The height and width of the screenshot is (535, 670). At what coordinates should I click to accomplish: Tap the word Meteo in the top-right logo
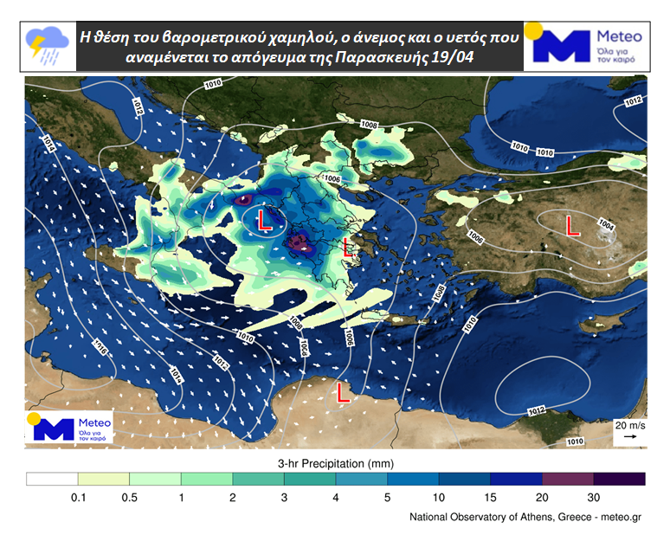click(x=619, y=37)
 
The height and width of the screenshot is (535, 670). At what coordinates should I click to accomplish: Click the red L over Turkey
click(x=571, y=227)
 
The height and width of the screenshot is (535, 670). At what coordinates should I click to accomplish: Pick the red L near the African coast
click(x=343, y=395)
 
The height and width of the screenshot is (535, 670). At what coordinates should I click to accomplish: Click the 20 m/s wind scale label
click(x=630, y=425)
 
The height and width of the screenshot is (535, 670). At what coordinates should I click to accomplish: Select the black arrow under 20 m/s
click(x=630, y=437)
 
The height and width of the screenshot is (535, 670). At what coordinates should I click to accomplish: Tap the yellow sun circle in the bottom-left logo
click(x=35, y=419)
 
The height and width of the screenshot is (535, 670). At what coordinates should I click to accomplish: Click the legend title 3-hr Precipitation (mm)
click(x=336, y=462)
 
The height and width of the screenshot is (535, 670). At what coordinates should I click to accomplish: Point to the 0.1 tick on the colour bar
click(x=78, y=497)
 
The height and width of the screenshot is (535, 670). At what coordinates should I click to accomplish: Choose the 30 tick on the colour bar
click(x=594, y=497)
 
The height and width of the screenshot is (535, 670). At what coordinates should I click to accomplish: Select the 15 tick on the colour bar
click(x=490, y=497)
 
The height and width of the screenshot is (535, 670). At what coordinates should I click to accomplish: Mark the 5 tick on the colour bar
click(x=387, y=497)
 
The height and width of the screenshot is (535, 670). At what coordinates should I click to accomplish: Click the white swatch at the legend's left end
click(x=52, y=479)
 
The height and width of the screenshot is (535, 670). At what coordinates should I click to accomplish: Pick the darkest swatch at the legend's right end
click(x=620, y=479)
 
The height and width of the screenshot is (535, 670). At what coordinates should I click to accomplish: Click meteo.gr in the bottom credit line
click(x=620, y=518)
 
